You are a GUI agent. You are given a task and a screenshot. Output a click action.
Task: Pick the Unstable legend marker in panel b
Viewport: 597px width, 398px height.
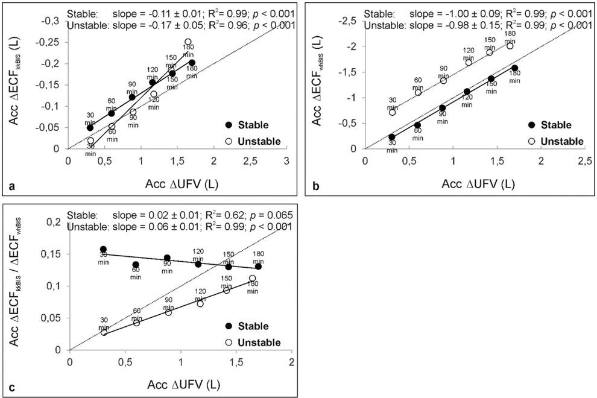coord(532,141)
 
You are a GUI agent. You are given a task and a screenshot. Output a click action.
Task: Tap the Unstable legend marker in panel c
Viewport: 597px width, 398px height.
coord(229,343)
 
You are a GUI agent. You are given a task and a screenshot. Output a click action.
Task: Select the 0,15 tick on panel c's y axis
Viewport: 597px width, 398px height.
coord(51,254)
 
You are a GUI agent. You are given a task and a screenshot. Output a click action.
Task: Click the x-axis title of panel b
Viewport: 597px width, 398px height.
coord(475,183)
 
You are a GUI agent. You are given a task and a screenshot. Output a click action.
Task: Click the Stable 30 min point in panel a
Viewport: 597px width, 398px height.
coord(90,127)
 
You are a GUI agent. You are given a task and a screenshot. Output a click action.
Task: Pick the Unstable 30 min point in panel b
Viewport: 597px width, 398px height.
coord(392,112)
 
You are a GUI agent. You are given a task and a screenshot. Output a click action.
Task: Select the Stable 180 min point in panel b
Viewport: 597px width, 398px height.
coord(514,68)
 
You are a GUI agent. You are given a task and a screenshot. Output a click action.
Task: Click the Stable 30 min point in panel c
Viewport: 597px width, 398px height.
coord(103,249)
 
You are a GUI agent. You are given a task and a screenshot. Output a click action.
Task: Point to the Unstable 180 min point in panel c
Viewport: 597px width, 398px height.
coord(253,279)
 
